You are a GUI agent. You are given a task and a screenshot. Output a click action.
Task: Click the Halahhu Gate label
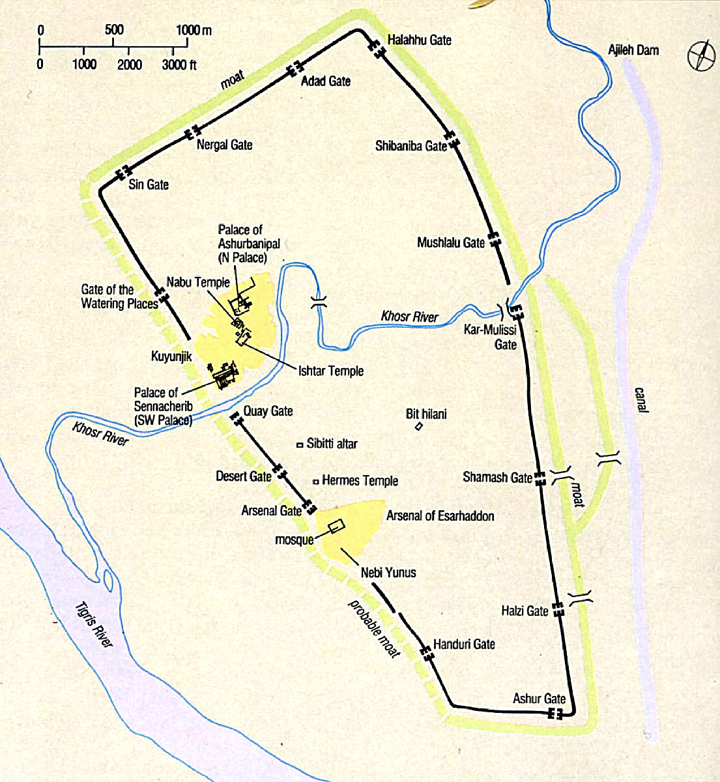[x=419, y=40]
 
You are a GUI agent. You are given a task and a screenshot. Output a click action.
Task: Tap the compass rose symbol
[x=701, y=55]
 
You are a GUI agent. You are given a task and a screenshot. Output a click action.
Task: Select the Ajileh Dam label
[x=633, y=50]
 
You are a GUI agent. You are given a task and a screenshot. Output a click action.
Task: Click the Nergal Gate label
[x=224, y=145]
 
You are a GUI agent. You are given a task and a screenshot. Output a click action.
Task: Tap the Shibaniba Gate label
[x=410, y=146]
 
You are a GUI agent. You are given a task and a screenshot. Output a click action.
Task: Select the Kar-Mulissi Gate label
[x=490, y=337]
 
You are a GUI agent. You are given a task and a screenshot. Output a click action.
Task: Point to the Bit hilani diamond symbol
[x=419, y=427]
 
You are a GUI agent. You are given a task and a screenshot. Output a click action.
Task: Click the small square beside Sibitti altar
[x=300, y=444]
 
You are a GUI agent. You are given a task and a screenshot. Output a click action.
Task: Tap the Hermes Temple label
[x=360, y=481]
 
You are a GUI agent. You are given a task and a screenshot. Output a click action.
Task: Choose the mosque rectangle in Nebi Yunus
[x=336, y=527]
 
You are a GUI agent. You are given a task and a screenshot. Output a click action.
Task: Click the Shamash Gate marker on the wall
[x=540, y=479]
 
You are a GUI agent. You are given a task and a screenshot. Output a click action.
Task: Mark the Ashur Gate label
[x=539, y=699]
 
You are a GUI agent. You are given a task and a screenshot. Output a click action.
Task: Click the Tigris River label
[x=94, y=623]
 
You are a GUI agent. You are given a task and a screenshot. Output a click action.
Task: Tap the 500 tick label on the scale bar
[x=114, y=30]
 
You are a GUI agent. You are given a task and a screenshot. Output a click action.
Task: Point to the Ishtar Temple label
[x=331, y=371]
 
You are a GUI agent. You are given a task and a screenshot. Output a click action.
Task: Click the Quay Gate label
[x=268, y=411]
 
